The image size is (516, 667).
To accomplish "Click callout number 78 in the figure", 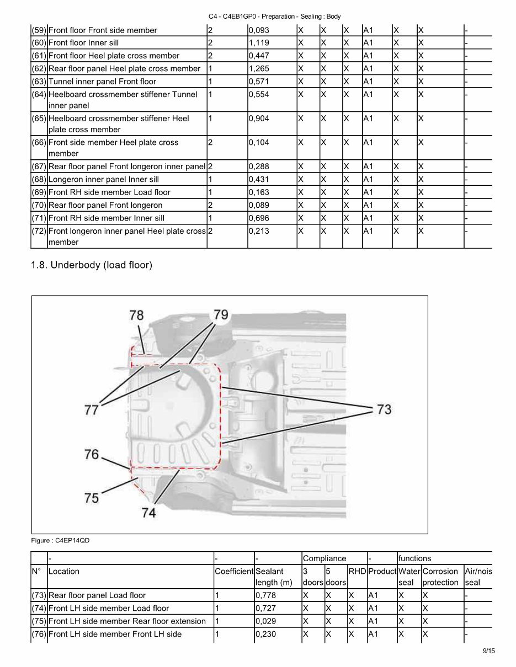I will coord(136,315).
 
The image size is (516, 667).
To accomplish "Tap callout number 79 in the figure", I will coord(221,315).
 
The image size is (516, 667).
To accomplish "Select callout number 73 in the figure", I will coord(384,409).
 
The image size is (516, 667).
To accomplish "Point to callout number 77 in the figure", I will coord(92,410).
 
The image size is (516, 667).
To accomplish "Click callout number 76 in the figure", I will coord(92,454).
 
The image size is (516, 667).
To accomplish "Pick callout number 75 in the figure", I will coord(92,498).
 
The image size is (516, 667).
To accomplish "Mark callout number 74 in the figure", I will coord(148,512).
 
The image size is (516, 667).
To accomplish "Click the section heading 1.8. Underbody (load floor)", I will coord(91,265).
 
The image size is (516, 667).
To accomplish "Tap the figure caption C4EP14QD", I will coord(60,541).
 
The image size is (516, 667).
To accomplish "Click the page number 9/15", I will coord(488,651).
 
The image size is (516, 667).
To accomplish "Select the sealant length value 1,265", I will coord(259,69).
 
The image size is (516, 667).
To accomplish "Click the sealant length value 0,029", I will coord(265,621).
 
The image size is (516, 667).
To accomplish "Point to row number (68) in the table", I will coord(39,180).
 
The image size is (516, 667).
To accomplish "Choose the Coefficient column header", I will coord(234,572).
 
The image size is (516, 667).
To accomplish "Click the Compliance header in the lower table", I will coord(325,558).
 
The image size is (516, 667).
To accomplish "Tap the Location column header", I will coord(64,572).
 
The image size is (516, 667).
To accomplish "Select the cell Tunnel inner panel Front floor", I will coord(102,82).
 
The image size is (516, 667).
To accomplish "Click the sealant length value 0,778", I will coord(265,595).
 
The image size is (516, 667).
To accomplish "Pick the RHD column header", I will coord(357,572).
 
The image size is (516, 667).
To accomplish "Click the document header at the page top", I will coord(274,17).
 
